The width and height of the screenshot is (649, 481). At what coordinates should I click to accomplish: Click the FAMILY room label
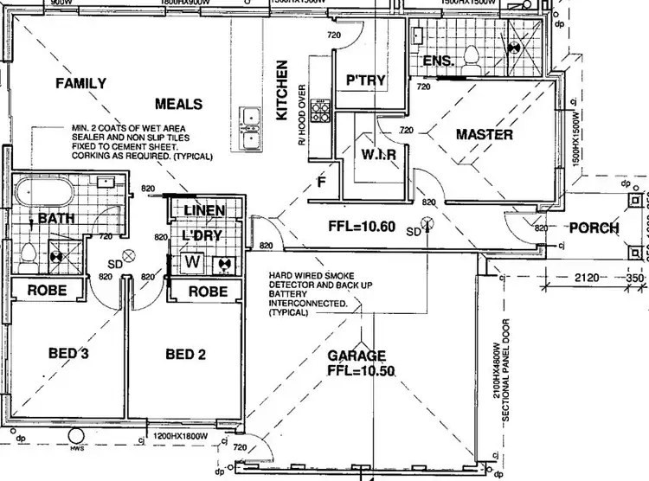80,84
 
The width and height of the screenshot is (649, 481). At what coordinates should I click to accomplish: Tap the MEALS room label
178,105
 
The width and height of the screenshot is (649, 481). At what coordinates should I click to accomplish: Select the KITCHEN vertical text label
281,90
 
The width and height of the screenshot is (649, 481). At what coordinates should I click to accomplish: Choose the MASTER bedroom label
485,135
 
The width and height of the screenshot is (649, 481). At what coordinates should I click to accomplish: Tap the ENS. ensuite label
439,61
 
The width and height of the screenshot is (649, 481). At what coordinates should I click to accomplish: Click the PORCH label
594,228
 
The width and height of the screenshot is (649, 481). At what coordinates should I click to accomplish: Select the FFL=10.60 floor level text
362,228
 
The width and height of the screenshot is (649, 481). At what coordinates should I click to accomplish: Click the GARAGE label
357,356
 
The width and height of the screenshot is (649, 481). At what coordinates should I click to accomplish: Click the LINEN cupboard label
203,210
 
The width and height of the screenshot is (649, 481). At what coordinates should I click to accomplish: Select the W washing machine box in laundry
192,261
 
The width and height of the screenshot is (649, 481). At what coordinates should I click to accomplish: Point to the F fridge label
320,183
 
